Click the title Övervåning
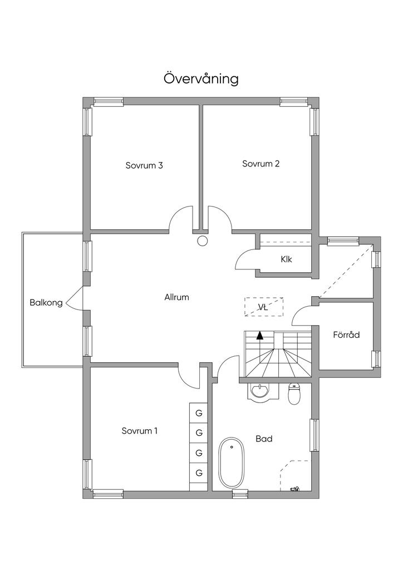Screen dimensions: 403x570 point(201,78)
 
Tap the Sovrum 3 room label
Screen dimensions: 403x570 point(144,165)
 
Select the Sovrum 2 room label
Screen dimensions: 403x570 point(261,164)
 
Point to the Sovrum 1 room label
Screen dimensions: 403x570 point(140,430)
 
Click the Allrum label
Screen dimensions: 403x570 point(176,297)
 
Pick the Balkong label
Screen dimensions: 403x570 point(46,303)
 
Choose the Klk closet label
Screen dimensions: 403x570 point(287,259)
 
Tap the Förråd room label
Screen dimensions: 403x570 point(346,335)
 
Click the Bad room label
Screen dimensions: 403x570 point(264,439)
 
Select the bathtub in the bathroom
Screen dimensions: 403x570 point(232,463)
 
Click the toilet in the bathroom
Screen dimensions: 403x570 point(294,394)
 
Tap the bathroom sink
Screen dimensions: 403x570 point(259,391)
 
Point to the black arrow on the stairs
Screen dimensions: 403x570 point(260,335)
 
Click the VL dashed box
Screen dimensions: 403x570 point(263,307)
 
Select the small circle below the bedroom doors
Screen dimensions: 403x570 point(202,241)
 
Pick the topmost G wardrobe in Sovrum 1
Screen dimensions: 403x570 point(198,412)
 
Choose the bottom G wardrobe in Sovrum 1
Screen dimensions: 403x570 point(198,473)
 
